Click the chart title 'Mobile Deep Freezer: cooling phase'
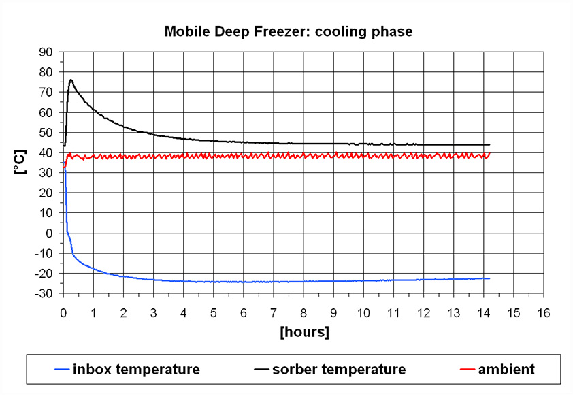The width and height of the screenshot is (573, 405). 288,31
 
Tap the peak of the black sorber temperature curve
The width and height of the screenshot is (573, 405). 71,80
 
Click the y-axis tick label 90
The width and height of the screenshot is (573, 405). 47,52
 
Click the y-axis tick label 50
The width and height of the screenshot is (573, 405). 47,132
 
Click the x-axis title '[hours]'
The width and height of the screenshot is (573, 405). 304,332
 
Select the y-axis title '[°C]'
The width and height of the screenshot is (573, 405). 20,163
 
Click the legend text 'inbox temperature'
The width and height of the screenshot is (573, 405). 147,370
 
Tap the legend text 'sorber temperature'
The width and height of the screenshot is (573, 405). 339,370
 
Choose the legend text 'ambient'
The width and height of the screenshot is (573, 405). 506,370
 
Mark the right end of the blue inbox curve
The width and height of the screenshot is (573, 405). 489,278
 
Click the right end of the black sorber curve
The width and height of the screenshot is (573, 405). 489,144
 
